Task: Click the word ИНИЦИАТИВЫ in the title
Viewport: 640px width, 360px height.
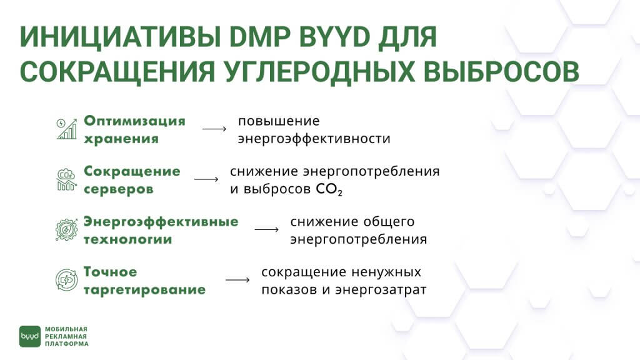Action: (121, 37)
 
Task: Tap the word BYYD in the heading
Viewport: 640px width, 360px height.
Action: (334, 37)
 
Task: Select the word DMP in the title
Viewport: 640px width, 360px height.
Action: (259, 37)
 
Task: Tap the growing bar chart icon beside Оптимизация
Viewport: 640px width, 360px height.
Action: (66, 129)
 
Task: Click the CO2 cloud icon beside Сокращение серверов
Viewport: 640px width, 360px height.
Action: (66, 179)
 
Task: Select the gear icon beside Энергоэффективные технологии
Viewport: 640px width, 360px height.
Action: (66, 229)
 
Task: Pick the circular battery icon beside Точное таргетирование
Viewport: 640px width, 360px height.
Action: (66, 280)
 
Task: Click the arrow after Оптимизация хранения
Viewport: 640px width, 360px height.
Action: (214, 129)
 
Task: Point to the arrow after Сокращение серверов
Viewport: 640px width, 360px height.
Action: (206, 179)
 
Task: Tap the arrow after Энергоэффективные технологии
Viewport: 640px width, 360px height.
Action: (266, 229)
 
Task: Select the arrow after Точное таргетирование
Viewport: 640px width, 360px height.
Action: (237, 280)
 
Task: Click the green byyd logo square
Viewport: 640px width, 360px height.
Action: (30, 336)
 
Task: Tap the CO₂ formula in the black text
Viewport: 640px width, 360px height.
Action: (329, 189)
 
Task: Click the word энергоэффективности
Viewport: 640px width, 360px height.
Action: (314, 139)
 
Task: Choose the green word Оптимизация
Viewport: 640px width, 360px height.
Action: (135, 121)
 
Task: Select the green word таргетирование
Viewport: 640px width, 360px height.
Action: (144, 290)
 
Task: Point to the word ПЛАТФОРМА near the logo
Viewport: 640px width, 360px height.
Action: (66, 344)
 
